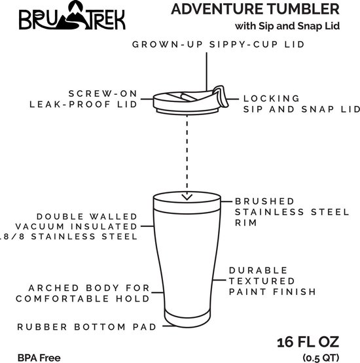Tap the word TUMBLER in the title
(x=300, y=9)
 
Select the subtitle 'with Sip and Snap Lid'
(x=287, y=26)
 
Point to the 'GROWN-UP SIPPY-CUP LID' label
(x=218, y=44)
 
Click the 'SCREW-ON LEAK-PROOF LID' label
(x=83, y=99)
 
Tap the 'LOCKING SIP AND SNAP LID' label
(x=301, y=104)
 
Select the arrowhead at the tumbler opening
(x=187, y=197)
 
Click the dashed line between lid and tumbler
(x=187, y=155)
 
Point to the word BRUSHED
(x=264, y=201)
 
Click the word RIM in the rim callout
(x=246, y=223)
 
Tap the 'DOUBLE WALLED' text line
(x=87, y=216)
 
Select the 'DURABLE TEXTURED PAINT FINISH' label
(x=272, y=281)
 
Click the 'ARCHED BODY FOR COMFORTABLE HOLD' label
(x=82, y=293)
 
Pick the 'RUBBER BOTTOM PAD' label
(x=87, y=327)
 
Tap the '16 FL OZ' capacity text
(x=308, y=342)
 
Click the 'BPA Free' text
(x=39, y=358)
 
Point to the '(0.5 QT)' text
(x=321, y=358)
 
